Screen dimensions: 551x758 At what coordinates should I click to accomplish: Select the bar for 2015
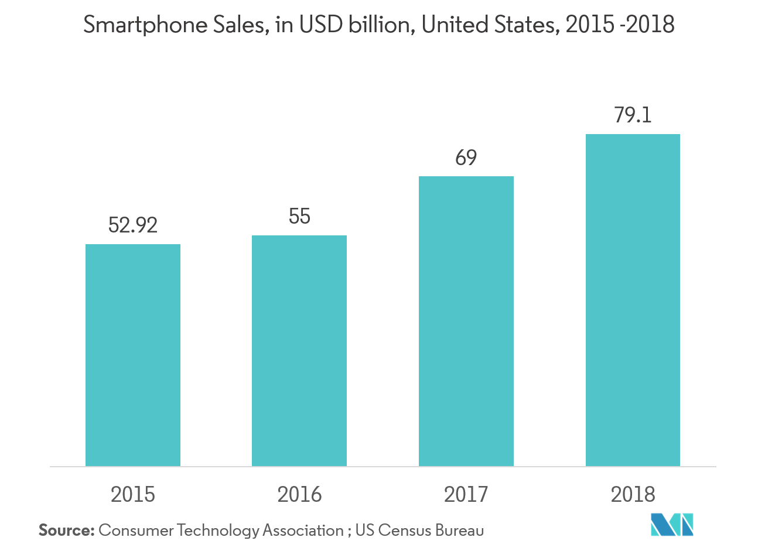point(133,355)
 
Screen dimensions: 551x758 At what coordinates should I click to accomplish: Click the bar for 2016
point(299,350)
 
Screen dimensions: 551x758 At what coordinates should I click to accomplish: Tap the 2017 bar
point(466,321)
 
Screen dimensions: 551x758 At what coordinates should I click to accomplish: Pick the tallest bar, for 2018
point(633,300)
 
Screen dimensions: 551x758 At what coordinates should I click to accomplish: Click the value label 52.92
point(133,225)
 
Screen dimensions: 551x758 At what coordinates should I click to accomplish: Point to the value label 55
point(299,217)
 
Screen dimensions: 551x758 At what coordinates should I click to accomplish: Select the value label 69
point(466,158)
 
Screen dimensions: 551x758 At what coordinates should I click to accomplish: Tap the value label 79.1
point(633,115)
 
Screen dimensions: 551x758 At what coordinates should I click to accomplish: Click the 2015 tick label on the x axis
point(133,495)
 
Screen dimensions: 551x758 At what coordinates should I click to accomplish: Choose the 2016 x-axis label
point(299,495)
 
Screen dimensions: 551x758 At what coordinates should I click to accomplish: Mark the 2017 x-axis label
point(466,495)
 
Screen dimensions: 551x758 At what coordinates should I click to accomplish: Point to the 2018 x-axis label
point(633,495)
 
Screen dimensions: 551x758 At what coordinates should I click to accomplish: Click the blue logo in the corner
point(672,524)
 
